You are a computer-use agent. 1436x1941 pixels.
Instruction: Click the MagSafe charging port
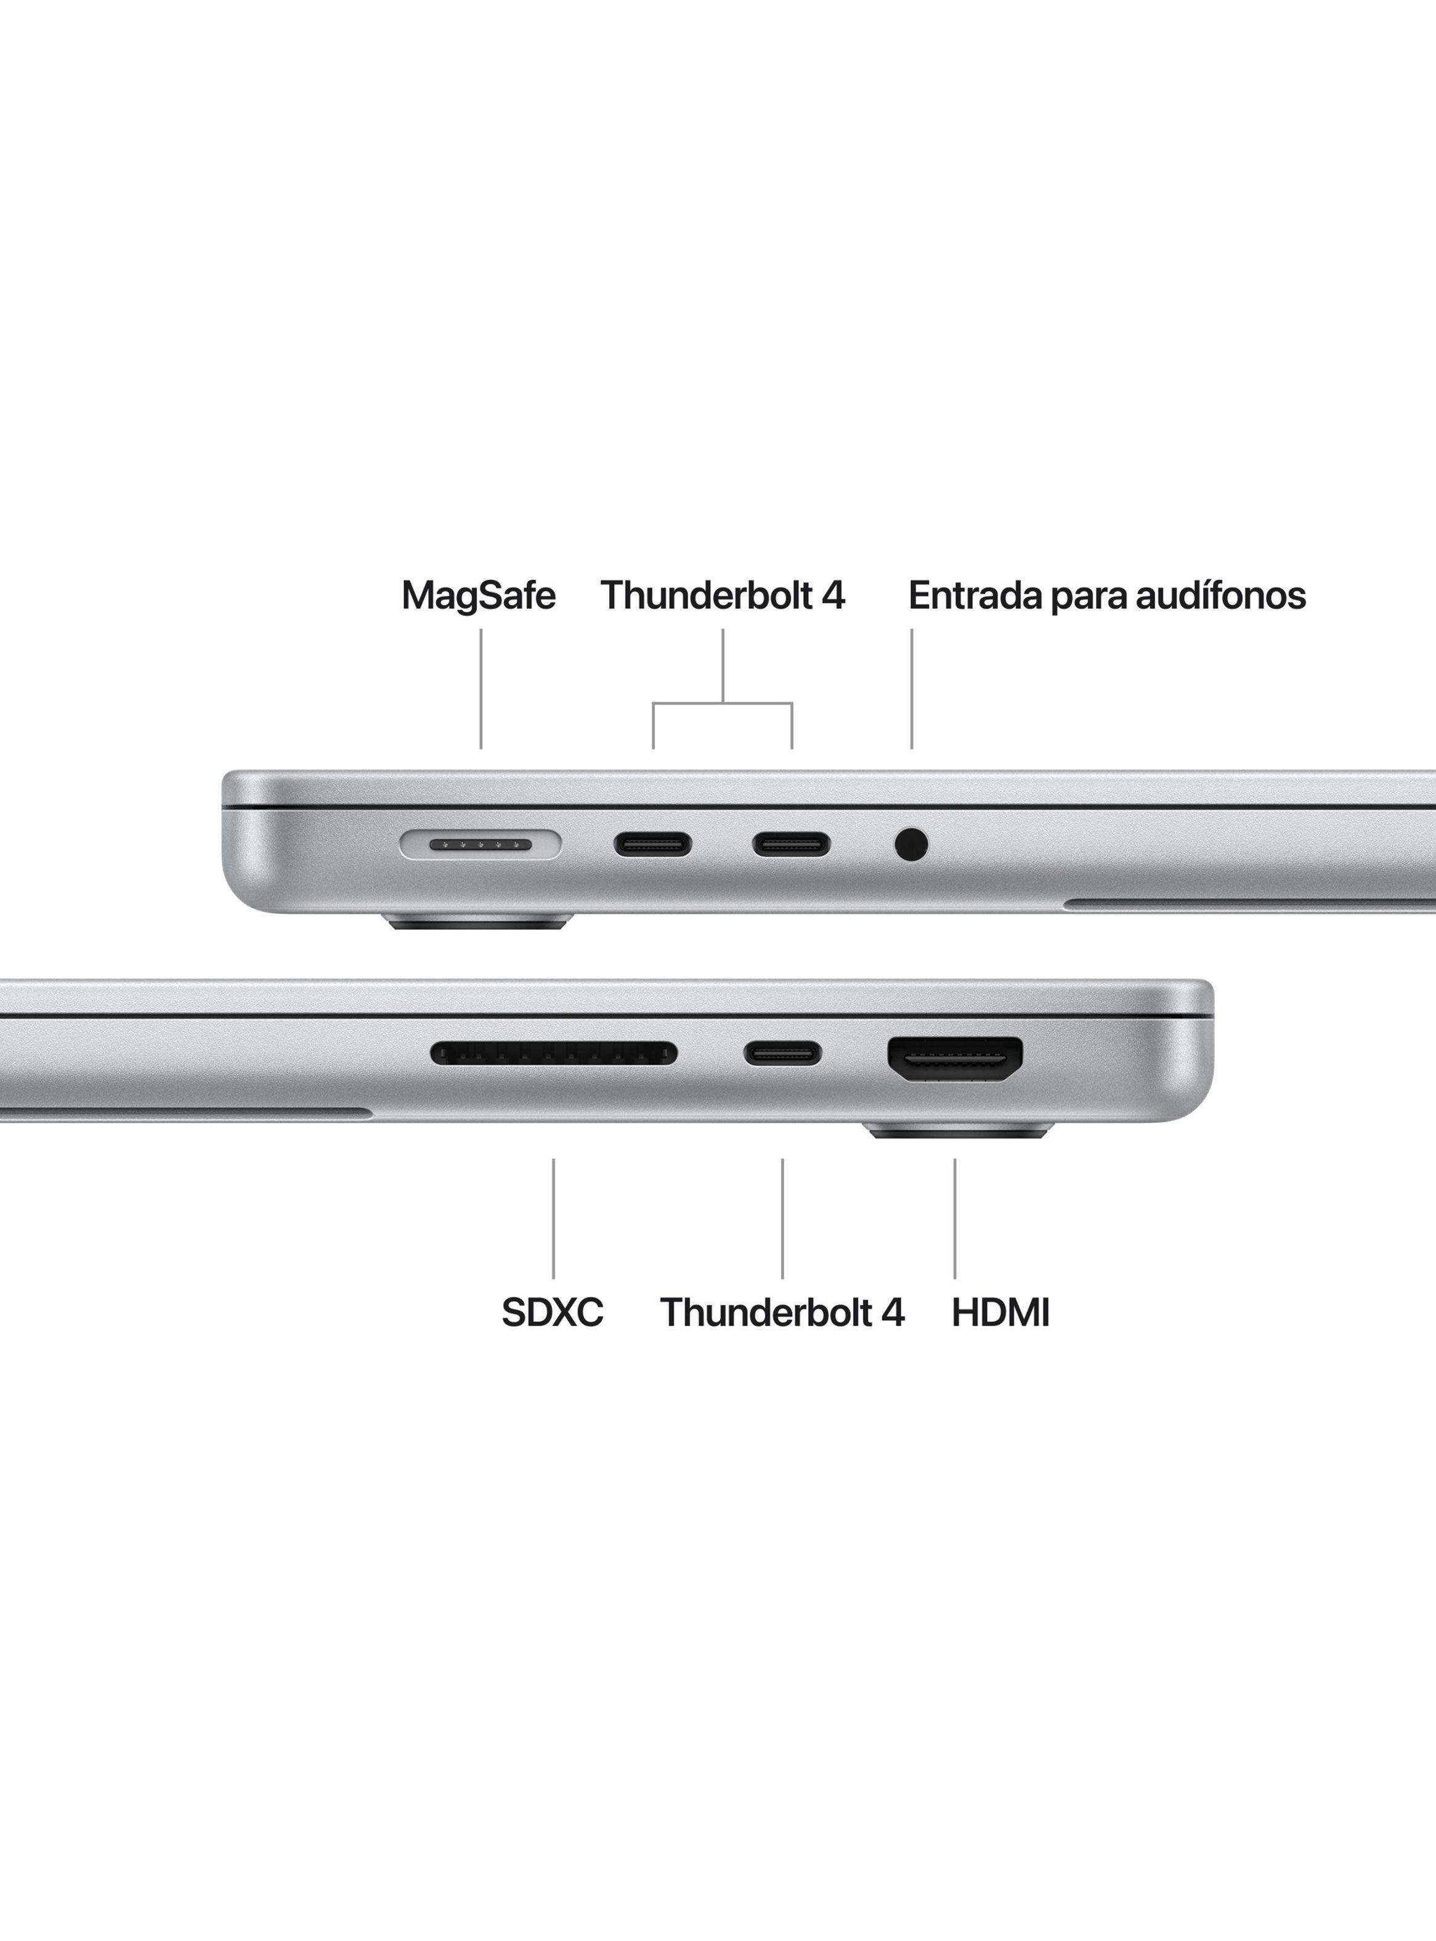click(x=481, y=843)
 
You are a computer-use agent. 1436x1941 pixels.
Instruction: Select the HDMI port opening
click(x=954, y=1060)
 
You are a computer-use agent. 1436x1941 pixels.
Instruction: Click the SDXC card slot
click(x=554, y=1054)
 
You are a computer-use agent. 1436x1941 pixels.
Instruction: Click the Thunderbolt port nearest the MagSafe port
click(x=653, y=844)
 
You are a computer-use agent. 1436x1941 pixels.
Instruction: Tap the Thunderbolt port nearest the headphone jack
click(x=791, y=844)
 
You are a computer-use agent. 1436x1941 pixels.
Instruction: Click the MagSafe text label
click(x=478, y=595)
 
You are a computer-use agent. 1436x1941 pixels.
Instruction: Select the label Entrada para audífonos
click(x=1106, y=595)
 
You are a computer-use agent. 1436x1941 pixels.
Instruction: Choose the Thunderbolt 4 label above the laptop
click(x=723, y=595)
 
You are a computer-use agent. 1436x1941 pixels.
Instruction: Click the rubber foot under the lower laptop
click(x=959, y=1130)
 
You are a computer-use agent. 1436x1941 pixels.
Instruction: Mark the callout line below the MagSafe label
click(x=481, y=688)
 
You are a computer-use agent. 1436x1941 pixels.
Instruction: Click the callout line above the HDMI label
click(x=954, y=1219)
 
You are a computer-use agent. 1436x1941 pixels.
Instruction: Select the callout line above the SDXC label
click(x=554, y=1219)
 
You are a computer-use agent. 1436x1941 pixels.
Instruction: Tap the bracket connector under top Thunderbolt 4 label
click(x=723, y=702)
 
